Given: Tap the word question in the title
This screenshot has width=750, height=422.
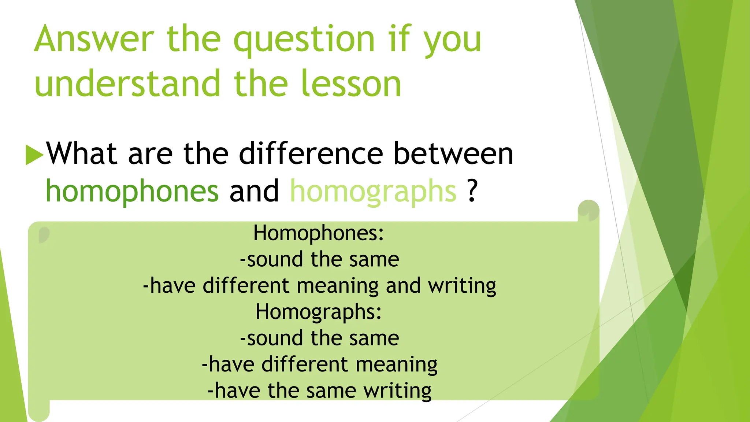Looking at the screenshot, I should coord(304,40).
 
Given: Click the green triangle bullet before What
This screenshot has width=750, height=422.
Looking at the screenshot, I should coord(34,155).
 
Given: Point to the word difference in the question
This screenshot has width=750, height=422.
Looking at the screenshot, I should coord(311,153).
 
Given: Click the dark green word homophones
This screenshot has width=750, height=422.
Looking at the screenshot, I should coord(132,192).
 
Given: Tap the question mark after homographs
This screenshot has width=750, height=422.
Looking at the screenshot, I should coord(473,190).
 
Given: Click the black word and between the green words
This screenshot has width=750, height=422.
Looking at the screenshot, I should coord(254,191).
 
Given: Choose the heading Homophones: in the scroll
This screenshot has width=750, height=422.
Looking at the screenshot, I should coord(319,233).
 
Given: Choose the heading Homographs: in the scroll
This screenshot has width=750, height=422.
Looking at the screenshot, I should coord(319,312).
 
